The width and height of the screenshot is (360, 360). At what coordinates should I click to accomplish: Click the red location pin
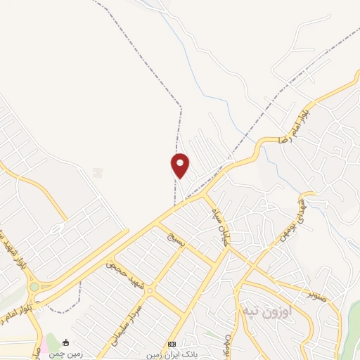[181, 165]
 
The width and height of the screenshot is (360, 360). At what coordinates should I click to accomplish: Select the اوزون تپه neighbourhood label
[259, 309]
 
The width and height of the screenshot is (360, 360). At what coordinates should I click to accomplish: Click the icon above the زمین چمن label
[65, 343]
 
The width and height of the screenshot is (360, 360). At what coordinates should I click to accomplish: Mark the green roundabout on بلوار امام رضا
[34, 286]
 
